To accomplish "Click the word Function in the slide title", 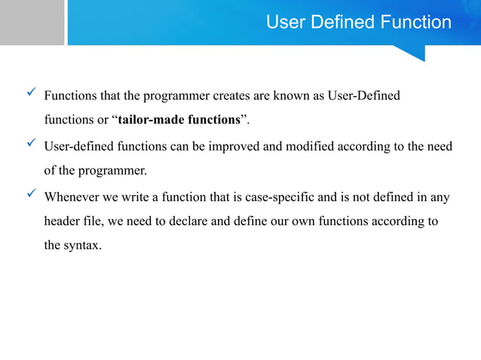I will [x=417, y=23].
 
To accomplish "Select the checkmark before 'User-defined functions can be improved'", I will [x=32, y=143].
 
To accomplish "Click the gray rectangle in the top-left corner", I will [x=32, y=23].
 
